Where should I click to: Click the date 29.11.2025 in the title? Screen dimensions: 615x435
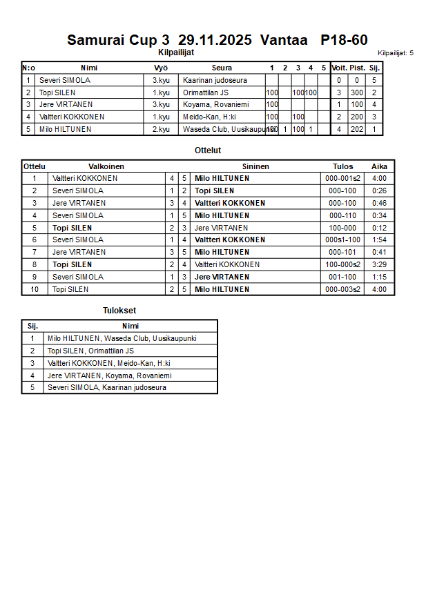click(216, 40)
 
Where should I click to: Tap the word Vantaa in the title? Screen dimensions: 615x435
click(284, 40)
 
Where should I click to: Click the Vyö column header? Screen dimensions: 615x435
click(161, 68)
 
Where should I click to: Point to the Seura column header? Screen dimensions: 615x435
click(222, 68)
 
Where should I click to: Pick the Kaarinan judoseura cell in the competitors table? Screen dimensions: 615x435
click(215, 80)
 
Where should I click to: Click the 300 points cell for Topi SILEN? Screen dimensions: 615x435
click(356, 92)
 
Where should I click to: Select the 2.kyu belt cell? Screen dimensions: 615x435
click(161, 129)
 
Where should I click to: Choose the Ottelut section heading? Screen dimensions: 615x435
click(208, 150)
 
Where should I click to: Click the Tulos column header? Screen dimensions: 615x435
click(342, 166)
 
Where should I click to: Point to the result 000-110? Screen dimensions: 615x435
click(342, 215)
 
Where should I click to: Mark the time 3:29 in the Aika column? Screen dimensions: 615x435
click(379, 264)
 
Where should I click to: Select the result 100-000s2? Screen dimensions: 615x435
click(342, 264)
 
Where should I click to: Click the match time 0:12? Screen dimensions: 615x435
click(379, 228)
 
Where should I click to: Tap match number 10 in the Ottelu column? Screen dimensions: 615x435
click(34, 289)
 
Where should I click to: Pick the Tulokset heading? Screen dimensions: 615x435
click(119, 311)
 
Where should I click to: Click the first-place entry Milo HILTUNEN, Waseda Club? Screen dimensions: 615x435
click(122, 338)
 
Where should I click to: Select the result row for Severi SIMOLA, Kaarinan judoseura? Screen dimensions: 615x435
click(106, 387)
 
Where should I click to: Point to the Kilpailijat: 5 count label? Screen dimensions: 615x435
click(396, 52)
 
